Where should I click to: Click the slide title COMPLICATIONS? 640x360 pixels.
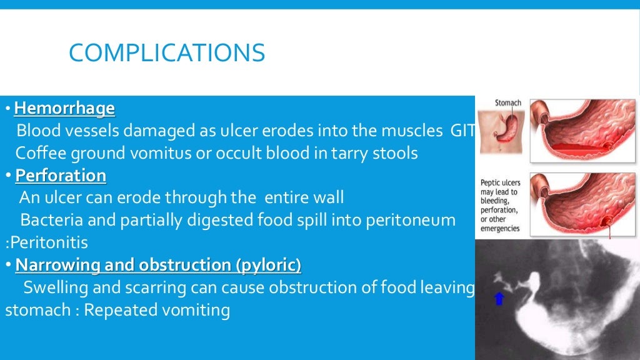click(167, 52)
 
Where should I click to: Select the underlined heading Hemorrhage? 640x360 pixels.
click(64, 109)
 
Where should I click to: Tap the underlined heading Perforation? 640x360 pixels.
click(61, 176)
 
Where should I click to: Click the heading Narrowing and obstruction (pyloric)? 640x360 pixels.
click(158, 265)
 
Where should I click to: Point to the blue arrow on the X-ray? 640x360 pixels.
click(499, 299)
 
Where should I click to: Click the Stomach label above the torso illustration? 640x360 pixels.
click(508, 103)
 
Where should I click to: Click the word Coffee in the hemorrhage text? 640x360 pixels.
click(36, 153)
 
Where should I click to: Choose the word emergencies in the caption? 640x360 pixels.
click(500, 229)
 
